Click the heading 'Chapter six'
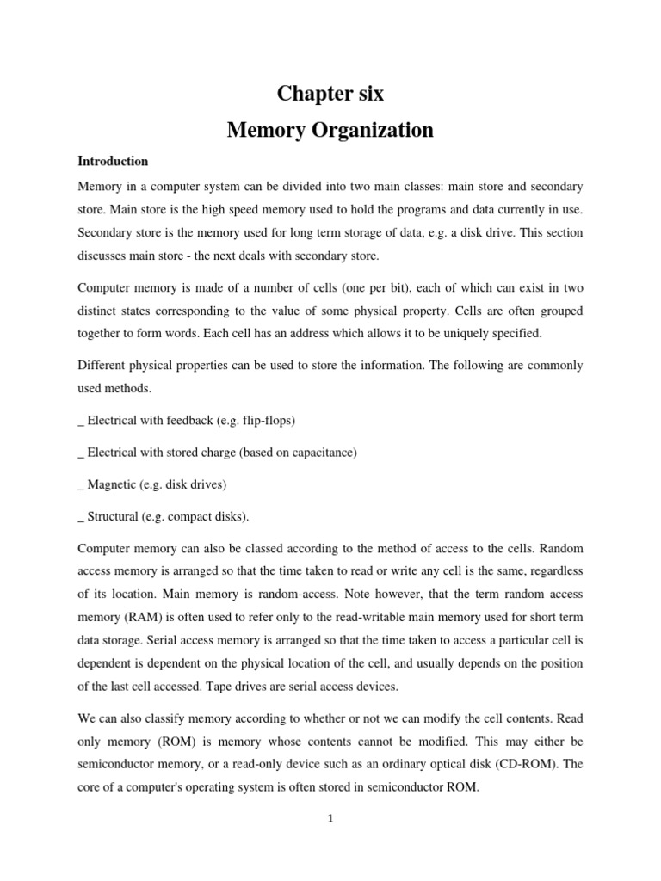click(330, 94)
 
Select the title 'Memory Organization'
click(330, 130)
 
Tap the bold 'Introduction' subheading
click(113, 161)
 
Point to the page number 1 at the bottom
click(330, 819)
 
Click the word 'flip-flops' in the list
click(263, 420)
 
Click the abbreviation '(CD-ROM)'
click(535, 741)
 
